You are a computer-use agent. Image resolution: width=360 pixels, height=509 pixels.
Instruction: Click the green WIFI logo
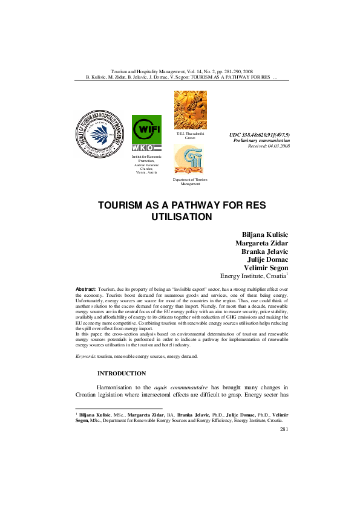point(146,128)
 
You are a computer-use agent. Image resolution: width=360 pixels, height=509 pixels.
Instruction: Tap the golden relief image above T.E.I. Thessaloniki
point(190,110)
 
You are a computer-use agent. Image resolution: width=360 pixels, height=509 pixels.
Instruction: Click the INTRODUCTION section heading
point(125,374)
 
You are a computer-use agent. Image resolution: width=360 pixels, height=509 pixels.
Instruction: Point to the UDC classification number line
point(260,134)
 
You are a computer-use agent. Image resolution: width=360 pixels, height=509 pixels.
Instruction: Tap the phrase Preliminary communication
point(261,140)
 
